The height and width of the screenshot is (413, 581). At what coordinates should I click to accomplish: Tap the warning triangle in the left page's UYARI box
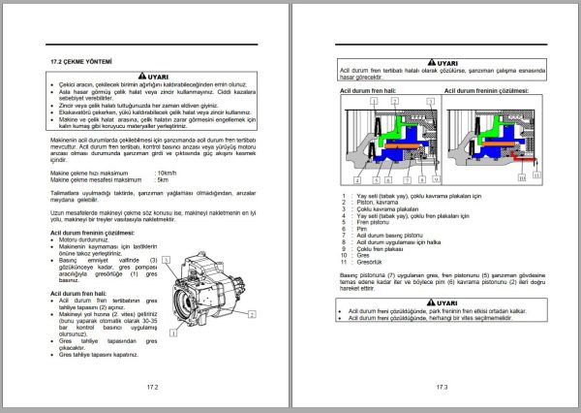(141, 76)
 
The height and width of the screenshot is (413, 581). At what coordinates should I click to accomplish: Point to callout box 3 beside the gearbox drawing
(168, 260)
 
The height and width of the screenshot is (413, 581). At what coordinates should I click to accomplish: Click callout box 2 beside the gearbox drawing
(252, 314)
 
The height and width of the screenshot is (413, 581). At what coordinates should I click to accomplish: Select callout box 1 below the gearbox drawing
(172, 333)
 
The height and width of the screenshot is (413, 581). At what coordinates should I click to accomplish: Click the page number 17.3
(440, 387)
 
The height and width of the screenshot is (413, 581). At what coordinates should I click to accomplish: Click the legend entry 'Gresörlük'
(370, 263)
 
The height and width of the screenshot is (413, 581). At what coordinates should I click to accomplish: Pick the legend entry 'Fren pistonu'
(372, 222)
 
